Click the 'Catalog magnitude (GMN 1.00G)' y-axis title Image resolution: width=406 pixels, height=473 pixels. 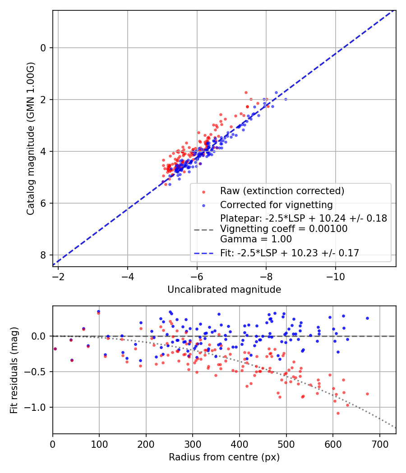[30, 138]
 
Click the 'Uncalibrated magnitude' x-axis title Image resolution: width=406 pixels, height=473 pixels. [224, 290]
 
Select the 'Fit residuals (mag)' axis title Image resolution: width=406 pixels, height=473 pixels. [14, 370]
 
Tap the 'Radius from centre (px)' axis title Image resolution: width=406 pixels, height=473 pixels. [224, 457]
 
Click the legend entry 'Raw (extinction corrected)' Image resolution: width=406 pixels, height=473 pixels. [282, 191]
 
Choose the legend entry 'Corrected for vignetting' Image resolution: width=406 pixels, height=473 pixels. [276, 205]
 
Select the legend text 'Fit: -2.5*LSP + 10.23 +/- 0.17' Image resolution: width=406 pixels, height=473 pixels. [290, 253]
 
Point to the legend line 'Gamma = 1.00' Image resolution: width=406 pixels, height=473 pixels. [256, 239]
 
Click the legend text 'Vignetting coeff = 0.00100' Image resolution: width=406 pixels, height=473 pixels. [283, 229]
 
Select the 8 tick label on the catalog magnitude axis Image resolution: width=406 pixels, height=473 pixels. [44, 255]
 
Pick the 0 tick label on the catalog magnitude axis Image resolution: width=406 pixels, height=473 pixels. [44, 48]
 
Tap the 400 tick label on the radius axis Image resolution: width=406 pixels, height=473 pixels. [239, 443]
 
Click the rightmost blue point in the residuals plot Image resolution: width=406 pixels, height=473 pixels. [367, 318]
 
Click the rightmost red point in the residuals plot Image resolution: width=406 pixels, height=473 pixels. [367, 394]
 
